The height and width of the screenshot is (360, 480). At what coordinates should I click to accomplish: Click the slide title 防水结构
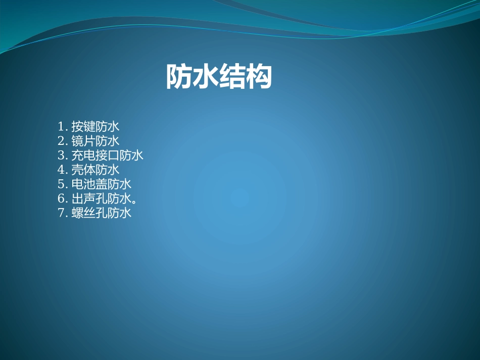pos(219,77)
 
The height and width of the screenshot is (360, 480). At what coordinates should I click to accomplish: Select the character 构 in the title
pos(259,77)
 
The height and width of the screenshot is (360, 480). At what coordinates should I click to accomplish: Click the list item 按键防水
pos(95,126)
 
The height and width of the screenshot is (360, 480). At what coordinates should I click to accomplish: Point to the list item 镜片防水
pos(95,141)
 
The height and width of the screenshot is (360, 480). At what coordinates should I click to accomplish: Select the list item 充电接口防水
pos(108,155)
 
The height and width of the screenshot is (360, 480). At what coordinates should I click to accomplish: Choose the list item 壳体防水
pos(95,170)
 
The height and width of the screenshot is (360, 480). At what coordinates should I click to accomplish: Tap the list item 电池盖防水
pos(102,184)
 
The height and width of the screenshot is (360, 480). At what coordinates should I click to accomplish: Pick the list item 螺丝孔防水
pos(102,213)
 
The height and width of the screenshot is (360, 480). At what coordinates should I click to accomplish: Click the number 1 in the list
pos(61,126)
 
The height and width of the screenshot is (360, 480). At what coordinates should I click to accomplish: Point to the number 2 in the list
pos(61,141)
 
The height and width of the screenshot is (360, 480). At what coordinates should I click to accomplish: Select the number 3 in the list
pos(61,155)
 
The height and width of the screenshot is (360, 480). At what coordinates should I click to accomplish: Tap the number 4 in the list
pos(61,170)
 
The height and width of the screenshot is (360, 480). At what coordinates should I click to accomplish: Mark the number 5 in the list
pos(61,184)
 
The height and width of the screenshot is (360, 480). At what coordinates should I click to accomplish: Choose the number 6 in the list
pos(61,198)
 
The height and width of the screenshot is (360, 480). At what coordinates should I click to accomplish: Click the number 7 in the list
pos(61,213)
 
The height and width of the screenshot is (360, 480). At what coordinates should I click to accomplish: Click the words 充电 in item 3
pos(83,155)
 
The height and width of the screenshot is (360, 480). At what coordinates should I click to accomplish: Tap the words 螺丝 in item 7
pos(83,213)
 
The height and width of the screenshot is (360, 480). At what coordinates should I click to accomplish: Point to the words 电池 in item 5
pos(83,184)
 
